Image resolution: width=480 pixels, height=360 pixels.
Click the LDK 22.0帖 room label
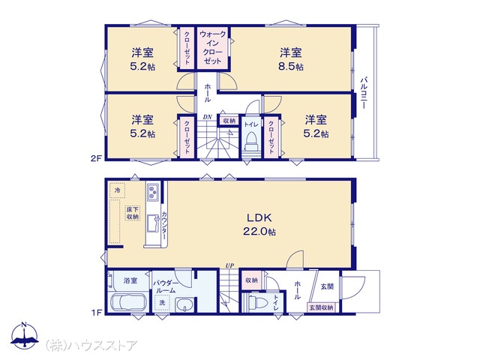(259, 224)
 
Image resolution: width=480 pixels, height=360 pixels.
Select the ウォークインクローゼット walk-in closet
(213, 48)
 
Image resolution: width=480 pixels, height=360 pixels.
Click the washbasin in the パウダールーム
(184, 305)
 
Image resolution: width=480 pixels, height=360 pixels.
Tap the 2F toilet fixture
(250, 142)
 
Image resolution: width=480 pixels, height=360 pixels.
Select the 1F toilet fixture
(256, 303)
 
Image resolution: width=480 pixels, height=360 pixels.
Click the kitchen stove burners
(152, 192)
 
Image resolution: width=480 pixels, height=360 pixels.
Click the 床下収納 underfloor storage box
(133, 213)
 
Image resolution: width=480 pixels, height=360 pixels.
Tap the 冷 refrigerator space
(117, 190)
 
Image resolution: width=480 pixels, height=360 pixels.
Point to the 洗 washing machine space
(162, 303)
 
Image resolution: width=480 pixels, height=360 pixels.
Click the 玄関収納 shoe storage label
(321, 307)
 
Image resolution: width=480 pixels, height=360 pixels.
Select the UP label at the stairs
(229, 266)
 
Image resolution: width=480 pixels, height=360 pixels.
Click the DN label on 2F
(208, 117)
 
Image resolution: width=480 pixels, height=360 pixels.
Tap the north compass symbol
(25, 335)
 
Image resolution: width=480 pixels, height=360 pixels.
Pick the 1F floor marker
(97, 313)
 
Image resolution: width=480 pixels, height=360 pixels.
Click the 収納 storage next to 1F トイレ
(251, 280)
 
